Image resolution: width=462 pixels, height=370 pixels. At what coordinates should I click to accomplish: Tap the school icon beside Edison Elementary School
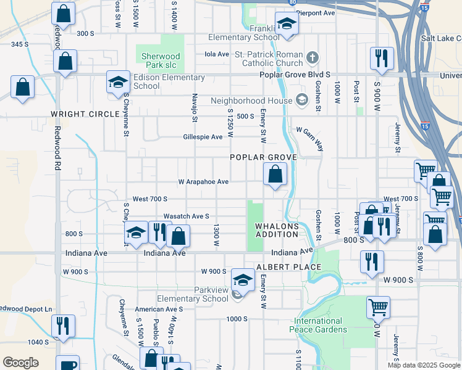click(118, 82)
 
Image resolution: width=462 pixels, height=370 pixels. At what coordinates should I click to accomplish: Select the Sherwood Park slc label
click(159, 61)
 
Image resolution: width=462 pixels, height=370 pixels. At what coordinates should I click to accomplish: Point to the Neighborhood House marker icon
click(301, 100)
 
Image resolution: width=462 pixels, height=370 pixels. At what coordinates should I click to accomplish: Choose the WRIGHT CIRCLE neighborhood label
click(85, 115)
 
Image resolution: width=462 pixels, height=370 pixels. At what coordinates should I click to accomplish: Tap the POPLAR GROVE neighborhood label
click(264, 157)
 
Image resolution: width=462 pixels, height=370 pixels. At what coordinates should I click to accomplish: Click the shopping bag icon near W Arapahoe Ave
click(275, 175)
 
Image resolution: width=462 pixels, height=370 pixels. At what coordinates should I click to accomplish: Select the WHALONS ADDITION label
click(277, 231)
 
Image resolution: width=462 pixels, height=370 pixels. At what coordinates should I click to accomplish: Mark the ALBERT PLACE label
click(288, 267)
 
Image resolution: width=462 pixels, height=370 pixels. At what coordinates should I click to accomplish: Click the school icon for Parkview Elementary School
click(243, 280)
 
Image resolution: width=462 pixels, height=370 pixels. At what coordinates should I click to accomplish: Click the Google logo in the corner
click(20, 363)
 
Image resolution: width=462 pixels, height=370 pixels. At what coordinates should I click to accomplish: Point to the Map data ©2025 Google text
click(423, 365)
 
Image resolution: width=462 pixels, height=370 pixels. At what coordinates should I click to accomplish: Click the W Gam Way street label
click(309, 130)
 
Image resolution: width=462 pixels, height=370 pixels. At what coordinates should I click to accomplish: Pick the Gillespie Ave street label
click(203, 137)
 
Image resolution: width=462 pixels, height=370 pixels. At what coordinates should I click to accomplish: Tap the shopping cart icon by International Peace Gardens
click(377, 306)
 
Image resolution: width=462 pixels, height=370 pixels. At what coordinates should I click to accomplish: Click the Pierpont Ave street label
click(316, 12)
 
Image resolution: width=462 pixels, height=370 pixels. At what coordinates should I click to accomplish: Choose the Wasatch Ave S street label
click(186, 216)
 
